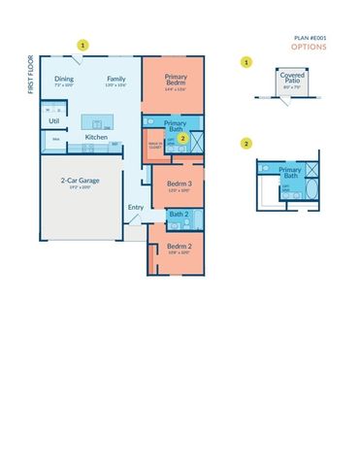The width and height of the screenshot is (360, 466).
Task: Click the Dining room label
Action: click(64, 79)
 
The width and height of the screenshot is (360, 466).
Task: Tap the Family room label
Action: click(115, 79)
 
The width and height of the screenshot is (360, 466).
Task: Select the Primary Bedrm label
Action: click(176, 81)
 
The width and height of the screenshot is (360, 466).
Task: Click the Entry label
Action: click(135, 206)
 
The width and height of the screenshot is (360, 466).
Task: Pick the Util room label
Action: click(53, 121)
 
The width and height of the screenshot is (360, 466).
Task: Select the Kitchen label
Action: click(96, 138)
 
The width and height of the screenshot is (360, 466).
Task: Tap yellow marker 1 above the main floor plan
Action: click(83, 45)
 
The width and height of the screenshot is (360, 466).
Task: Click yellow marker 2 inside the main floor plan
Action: click(182, 139)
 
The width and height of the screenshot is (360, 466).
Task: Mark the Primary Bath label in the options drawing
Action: click(290, 173)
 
